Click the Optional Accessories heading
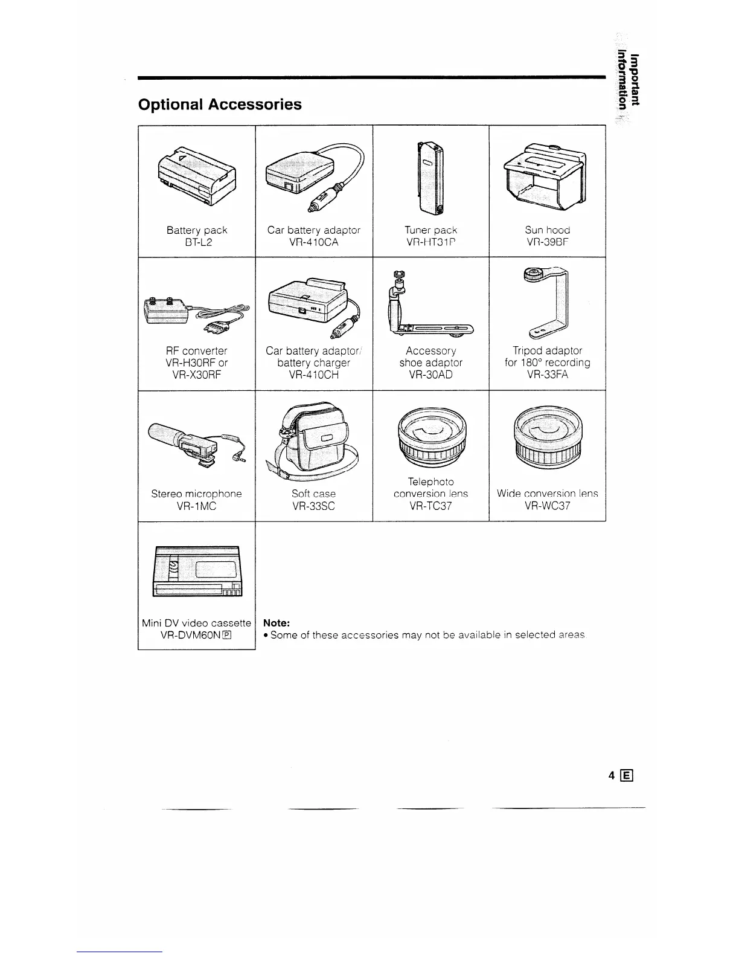point(220,105)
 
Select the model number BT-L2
point(197,242)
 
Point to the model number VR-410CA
point(313,242)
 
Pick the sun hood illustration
point(547,176)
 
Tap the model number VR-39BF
point(547,242)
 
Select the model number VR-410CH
point(313,375)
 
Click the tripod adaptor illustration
point(547,302)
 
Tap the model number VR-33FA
point(547,375)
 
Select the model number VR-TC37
point(430,506)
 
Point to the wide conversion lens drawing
point(547,438)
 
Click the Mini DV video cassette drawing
point(197,571)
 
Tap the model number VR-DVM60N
point(188,635)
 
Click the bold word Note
point(277,622)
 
